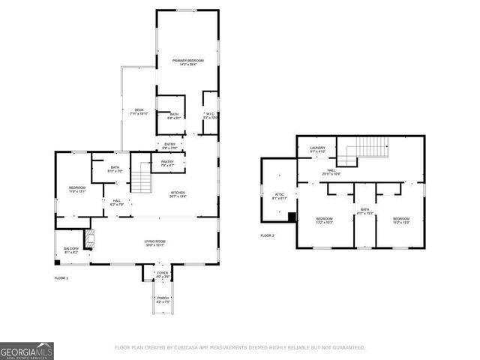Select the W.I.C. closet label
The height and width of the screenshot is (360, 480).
point(210,116)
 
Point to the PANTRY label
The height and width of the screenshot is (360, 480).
point(167,163)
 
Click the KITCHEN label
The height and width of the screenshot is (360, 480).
point(178,194)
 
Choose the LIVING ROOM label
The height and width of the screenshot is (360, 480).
point(155,242)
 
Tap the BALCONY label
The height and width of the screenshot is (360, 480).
point(70,250)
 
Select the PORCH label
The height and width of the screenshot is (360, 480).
point(162,301)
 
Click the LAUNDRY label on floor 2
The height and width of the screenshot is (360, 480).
point(318,150)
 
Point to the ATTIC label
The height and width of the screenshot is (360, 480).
point(278,196)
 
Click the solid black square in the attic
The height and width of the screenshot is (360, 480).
point(292,217)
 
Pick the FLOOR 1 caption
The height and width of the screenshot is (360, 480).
point(61,278)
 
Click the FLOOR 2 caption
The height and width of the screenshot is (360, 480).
point(268,235)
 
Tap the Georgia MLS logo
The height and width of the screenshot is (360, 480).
point(26,349)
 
